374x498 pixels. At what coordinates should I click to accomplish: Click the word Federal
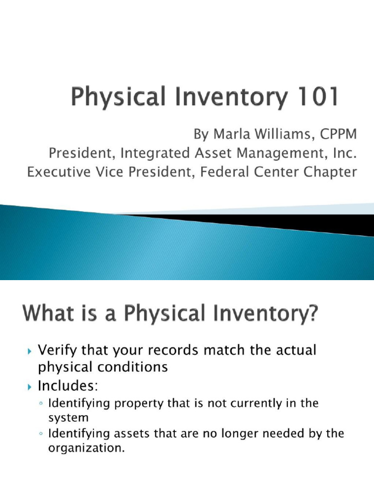[231, 172]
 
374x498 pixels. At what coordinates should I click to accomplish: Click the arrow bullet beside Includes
[29, 387]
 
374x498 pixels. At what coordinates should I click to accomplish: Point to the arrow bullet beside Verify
[29, 350]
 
